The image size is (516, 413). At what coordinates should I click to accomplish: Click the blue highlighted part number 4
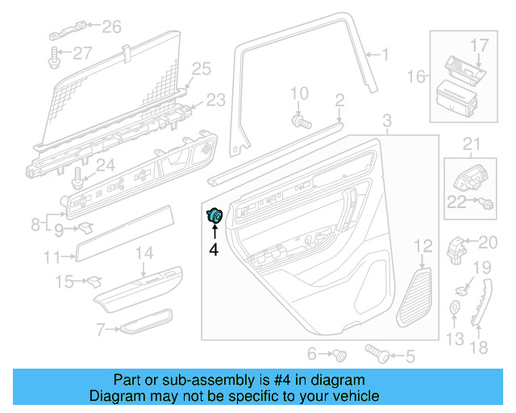click(x=216, y=216)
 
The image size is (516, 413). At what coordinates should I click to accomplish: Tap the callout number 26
click(x=111, y=27)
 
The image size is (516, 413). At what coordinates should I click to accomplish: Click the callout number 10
click(x=299, y=94)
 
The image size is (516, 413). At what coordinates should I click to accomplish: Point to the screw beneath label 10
click(x=302, y=122)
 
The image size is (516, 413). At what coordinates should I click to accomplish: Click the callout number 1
click(x=385, y=55)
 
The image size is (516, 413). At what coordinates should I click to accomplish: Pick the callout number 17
click(x=480, y=44)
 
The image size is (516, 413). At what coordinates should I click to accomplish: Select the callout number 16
click(x=415, y=77)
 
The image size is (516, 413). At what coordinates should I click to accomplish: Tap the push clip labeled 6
click(x=342, y=354)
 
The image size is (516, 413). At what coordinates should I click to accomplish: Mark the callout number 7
click(x=101, y=329)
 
